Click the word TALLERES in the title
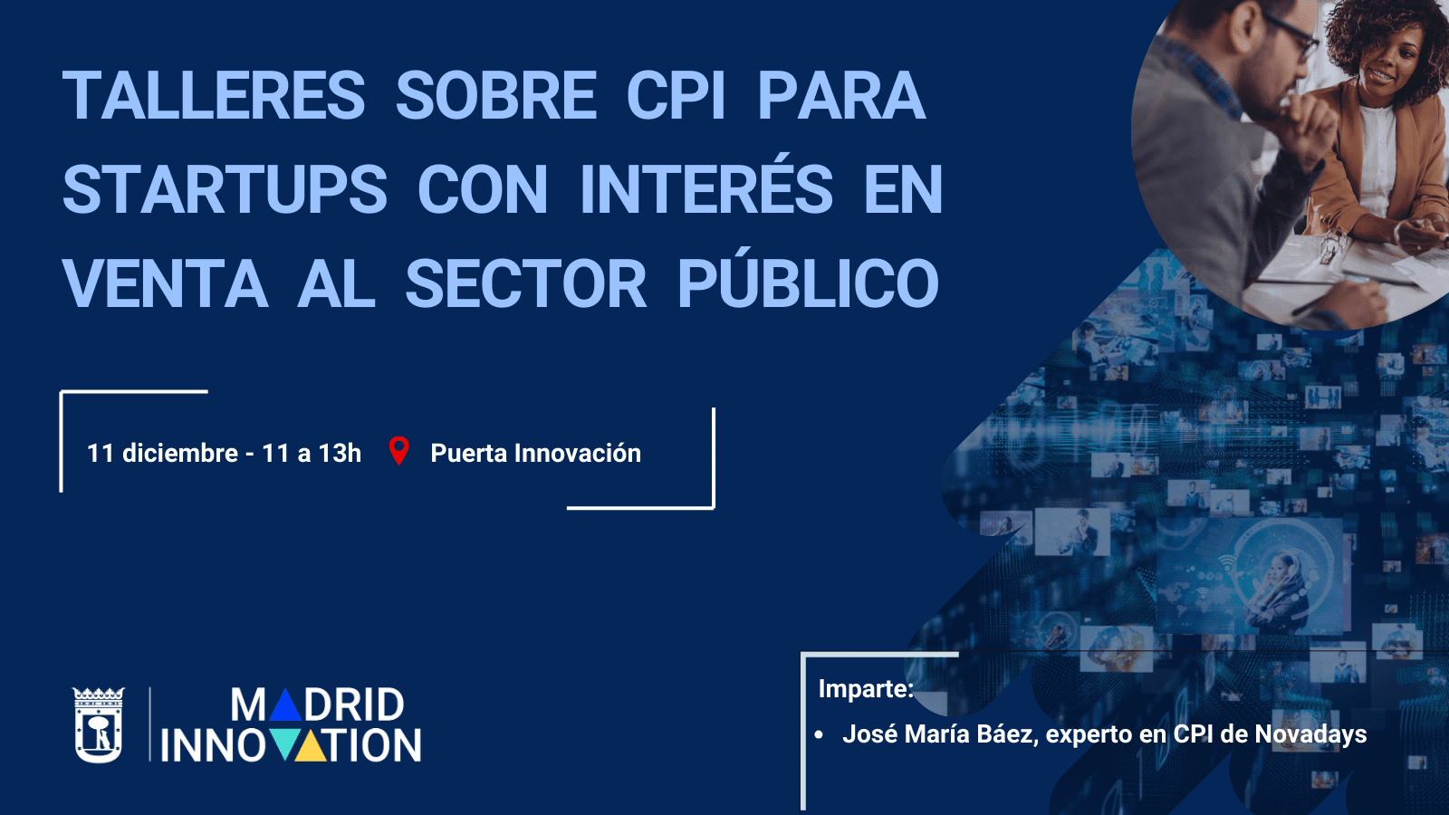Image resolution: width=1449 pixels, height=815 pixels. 214,96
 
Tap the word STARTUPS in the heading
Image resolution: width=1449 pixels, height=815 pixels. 225,190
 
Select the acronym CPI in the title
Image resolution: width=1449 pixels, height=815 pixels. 676,96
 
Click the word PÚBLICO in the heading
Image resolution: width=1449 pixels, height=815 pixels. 808,284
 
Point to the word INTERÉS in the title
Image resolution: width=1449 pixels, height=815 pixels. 706,190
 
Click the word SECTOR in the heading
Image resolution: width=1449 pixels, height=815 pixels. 526,284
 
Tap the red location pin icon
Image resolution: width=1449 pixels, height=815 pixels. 398,450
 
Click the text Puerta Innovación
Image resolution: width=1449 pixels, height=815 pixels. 535,453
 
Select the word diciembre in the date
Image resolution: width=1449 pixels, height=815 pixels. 179,453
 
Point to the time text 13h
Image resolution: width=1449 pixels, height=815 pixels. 340,453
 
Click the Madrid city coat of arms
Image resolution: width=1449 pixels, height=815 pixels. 98,724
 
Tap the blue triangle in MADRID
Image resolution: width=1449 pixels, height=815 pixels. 285,705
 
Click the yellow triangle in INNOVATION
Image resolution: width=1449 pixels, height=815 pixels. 311,745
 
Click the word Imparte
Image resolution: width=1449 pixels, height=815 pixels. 865,689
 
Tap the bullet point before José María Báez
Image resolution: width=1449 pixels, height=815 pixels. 819,734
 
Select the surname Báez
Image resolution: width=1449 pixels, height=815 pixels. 1004,734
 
